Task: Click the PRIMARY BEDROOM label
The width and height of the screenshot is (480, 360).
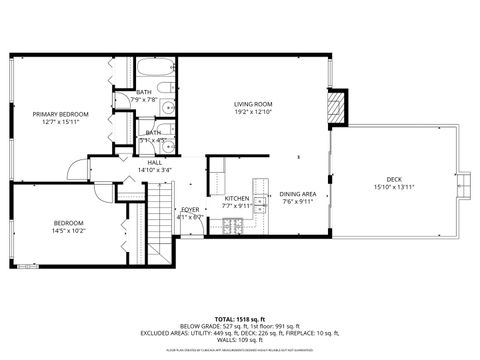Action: click(x=60, y=114)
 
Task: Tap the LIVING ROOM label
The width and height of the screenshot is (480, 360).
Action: click(x=254, y=103)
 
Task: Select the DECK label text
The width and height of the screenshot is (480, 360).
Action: click(x=393, y=179)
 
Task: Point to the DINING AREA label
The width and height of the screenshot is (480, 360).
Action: click(x=297, y=193)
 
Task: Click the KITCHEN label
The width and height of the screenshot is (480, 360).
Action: click(x=236, y=198)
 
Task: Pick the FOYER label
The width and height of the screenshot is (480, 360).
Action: click(x=189, y=209)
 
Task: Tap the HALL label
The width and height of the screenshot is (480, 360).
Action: click(x=155, y=162)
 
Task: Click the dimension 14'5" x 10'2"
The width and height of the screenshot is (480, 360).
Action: click(x=69, y=230)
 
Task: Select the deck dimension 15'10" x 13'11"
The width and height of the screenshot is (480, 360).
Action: click(x=393, y=187)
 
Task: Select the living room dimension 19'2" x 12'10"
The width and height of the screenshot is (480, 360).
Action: click(x=254, y=112)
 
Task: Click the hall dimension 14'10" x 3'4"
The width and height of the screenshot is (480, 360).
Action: click(x=155, y=170)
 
